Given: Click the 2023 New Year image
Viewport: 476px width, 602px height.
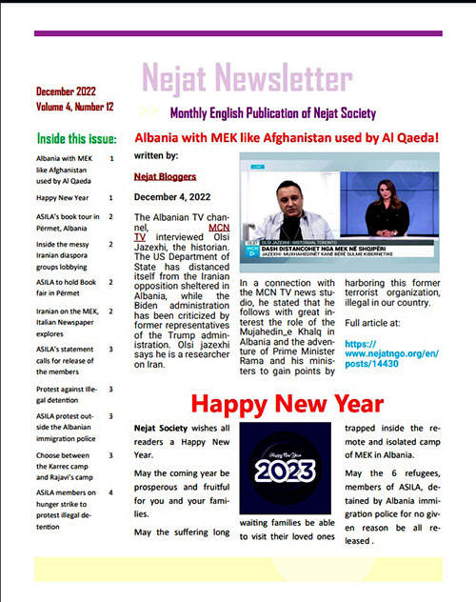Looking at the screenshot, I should pos(285,466).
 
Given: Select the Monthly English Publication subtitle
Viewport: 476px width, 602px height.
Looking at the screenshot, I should pos(268,112).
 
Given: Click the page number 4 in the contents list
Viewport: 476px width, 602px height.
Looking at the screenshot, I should pos(111,492).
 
